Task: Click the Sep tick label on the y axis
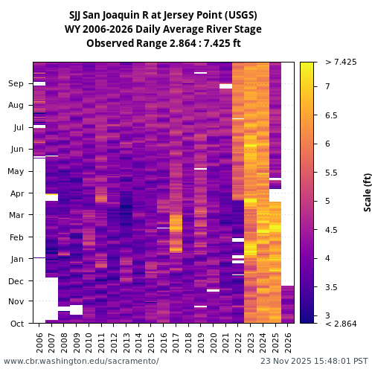16,84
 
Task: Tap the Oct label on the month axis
16,324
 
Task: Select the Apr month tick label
16,193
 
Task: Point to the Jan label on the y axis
16,259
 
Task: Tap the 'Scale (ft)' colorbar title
367,192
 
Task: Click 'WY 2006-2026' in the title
97,30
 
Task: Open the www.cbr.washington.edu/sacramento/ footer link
81,361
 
